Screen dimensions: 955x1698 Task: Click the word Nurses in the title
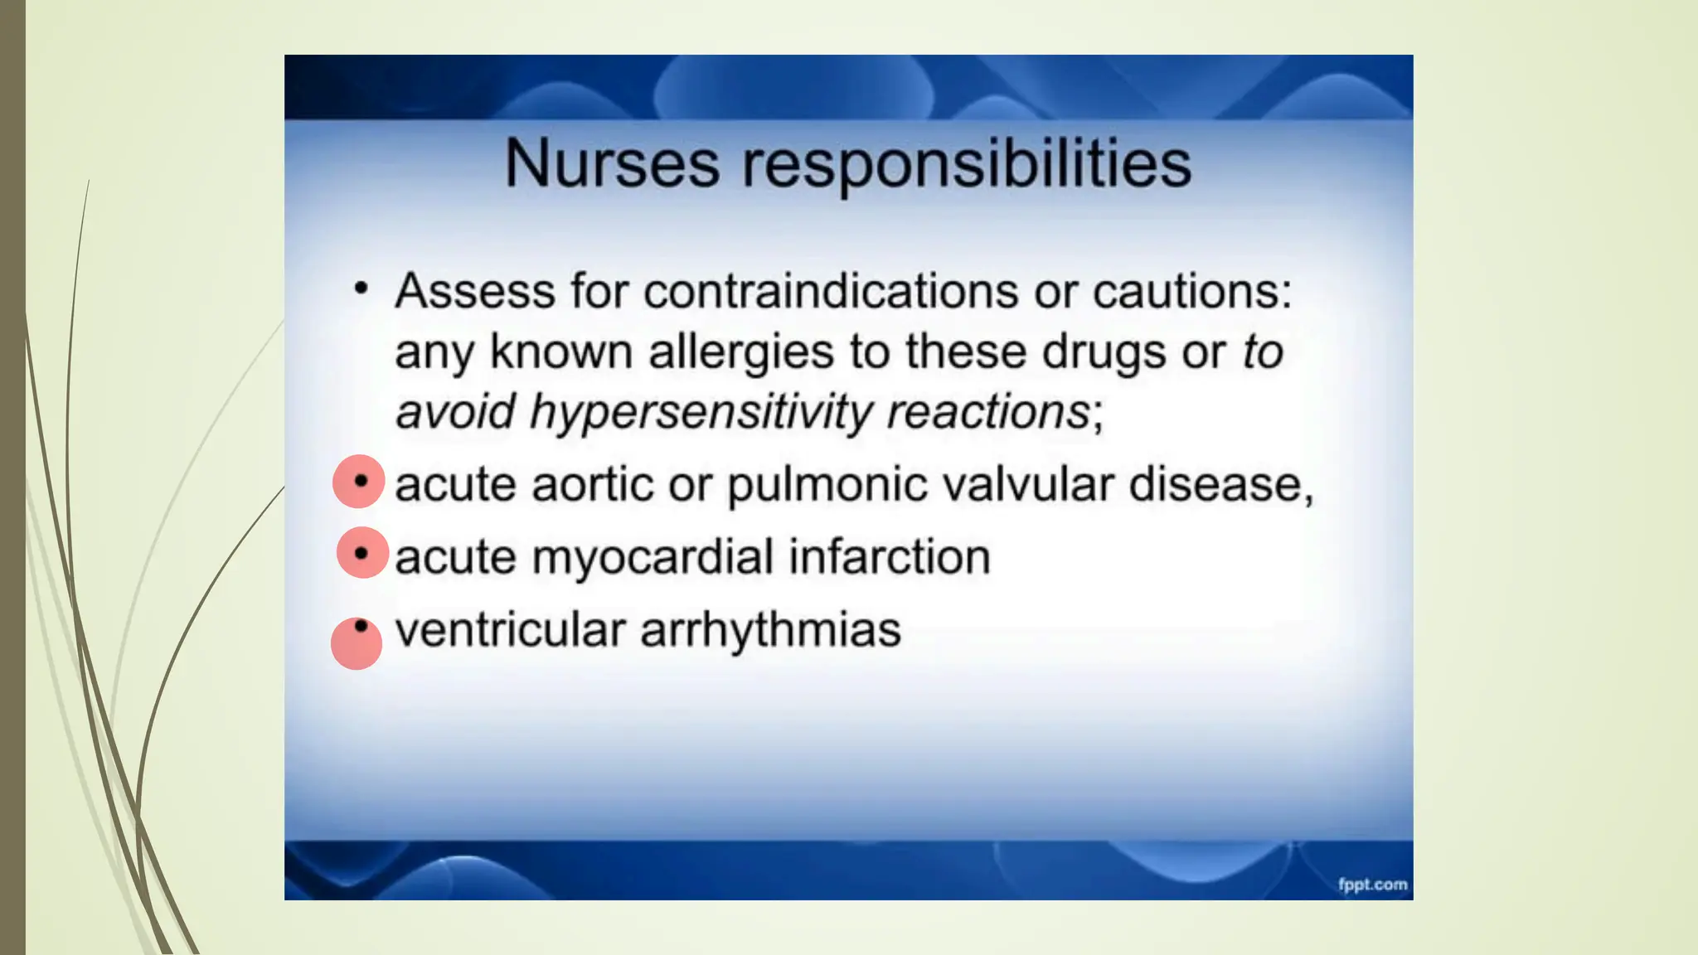pos(612,163)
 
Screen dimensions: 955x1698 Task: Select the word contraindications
pos(831,291)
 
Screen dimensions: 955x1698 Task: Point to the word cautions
pos(1191,291)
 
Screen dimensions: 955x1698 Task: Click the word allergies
pos(741,351)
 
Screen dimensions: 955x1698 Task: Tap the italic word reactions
pos(987,412)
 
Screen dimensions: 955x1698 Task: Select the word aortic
pos(592,484)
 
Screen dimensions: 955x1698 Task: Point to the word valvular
pos(1028,484)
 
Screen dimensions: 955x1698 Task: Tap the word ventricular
pos(510,629)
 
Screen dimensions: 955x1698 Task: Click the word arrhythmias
pos(770,630)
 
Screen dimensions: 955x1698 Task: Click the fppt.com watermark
pos(1372,885)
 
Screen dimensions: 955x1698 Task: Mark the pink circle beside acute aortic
pos(358,482)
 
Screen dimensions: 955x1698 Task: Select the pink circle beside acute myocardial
pos(362,552)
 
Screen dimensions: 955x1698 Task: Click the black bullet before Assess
pos(360,288)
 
